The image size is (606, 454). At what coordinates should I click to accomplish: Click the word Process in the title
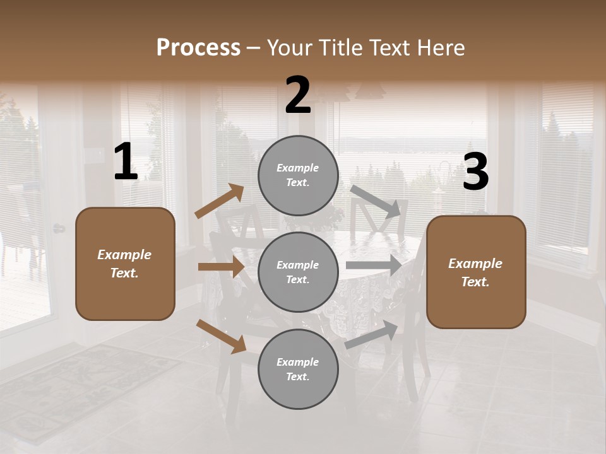click(198, 47)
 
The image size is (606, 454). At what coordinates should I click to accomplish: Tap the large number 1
click(126, 162)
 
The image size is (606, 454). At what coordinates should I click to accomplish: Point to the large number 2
click(298, 95)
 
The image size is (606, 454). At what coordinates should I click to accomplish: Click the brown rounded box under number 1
click(125, 264)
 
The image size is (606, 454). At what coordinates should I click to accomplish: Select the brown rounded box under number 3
click(476, 272)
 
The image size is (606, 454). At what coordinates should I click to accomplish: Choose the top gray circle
click(298, 175)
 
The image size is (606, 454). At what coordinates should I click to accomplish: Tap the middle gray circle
click(298, 272)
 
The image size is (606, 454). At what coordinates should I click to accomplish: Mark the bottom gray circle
click(298, 369)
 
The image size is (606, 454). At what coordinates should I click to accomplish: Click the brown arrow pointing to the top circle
click(220, 201)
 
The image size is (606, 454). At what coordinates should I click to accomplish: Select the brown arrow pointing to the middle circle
click(221, 267)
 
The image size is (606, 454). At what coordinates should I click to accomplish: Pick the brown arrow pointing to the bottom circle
click(222, 335)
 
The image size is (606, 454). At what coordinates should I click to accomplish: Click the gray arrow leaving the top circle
click(376, 201)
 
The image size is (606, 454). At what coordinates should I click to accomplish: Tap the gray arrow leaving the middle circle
click(374, 265)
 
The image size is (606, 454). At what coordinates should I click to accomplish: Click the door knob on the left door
click(59, 228)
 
